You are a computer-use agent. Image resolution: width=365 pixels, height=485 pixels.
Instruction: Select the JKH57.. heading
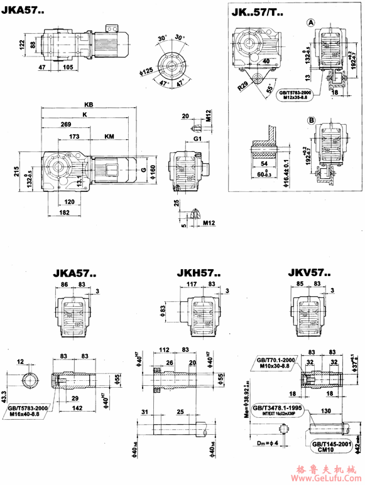[198, 274]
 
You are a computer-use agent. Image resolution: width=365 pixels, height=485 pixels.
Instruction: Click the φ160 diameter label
[153, 170]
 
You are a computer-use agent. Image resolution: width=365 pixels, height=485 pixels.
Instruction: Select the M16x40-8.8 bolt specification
[32, 413]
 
